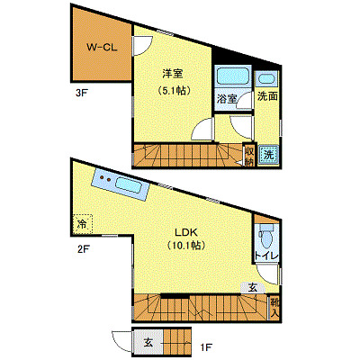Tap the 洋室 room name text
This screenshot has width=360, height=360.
coord(173,73)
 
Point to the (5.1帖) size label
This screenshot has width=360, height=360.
coord(173,91)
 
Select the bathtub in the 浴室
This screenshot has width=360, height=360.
coord(233,79)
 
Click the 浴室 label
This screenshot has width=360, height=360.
coord(228,101)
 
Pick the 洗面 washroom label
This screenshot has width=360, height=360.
coord(267,96)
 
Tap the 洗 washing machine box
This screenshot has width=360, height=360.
coord(268,154)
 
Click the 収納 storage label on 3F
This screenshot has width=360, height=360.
coord(249,156)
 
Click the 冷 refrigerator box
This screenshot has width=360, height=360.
coord(82,223)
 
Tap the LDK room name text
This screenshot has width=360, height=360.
coord(185,229)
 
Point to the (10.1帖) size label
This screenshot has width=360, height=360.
coord(185,245)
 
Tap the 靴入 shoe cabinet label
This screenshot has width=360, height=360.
coord(274,307)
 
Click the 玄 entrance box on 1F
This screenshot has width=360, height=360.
coord(147,343)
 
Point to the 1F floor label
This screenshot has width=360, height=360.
coord(205,346)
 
